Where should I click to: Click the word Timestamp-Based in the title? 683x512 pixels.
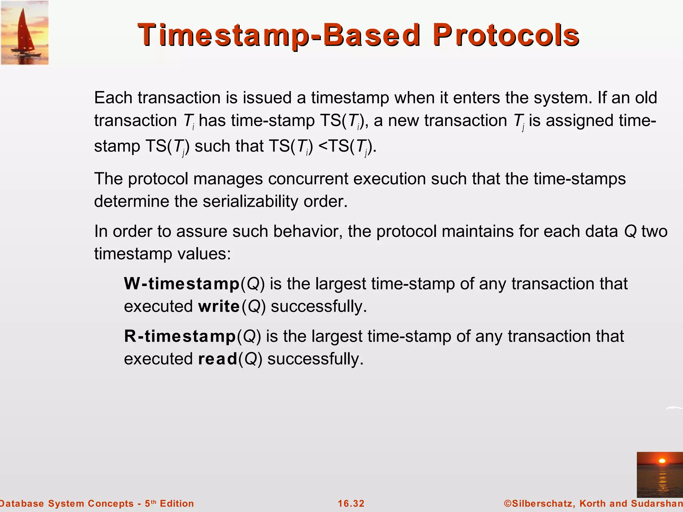pyautogui.click(x=279, y=35)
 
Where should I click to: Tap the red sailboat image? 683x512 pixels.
pyautogui.click(x=25, y=33)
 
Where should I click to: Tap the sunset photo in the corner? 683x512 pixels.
pyautogui.click(x=660, y=474)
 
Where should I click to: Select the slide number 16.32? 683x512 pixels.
pyautogui.click(x=351, y=504)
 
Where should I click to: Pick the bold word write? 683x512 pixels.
pyautogui.click(x=219, y=306)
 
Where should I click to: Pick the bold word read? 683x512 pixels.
pyautogui.click(x=217, y=359)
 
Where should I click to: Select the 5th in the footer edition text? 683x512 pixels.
pyautogui.click(x=150, y=503)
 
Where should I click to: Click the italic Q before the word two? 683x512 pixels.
pyautogui.click(x=630, y=231)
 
